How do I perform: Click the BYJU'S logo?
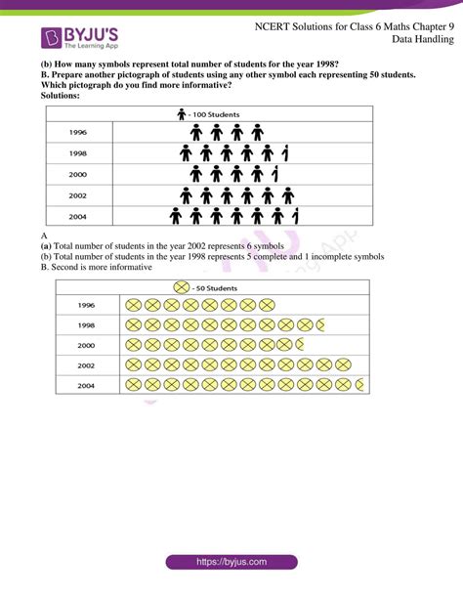(80, 37)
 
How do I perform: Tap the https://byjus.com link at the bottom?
(231, 563)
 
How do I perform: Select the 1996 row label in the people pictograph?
(78, 131)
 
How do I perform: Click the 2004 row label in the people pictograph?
(78, 214)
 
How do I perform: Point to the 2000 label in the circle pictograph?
(87, 345)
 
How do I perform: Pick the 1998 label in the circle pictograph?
(87, 324)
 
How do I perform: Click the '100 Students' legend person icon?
(181, 113)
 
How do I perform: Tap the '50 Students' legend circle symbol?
(182, 287)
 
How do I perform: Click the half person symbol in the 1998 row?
(284, 152)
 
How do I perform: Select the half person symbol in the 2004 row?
(295, 214)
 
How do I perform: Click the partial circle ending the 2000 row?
(299, 345)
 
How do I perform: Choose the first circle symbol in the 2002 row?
(134, 364)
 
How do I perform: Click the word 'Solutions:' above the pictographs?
(61, 95)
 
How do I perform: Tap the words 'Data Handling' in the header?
(423, 39)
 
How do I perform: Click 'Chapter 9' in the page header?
(430, 24)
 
